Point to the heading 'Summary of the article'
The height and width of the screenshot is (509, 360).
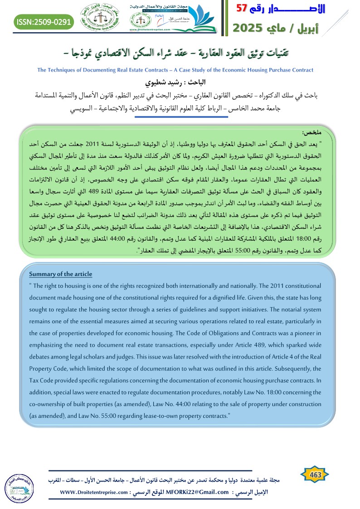tap(60, 274)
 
